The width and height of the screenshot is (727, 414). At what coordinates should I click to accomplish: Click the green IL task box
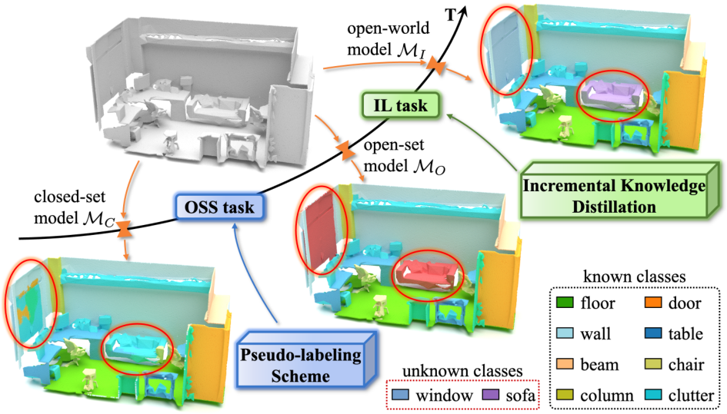396,103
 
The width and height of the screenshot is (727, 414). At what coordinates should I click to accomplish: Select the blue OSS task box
217,207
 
